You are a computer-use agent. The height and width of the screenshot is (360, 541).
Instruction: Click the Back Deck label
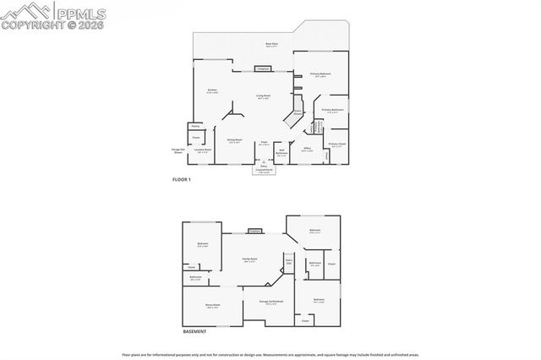pos(272,44)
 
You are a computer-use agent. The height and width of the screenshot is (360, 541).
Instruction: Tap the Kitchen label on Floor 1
pos(213,91)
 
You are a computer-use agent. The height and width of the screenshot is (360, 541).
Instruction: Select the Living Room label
pos(264,96)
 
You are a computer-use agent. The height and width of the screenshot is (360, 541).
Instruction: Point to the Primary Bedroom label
pos(320,75)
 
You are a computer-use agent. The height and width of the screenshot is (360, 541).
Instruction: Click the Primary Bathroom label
pos(332,111)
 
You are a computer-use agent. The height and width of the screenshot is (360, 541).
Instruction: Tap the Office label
pos(308,149)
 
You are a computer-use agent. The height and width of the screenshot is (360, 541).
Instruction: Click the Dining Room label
pos(234,141)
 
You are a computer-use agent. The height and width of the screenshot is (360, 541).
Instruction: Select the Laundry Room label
pos(203,151)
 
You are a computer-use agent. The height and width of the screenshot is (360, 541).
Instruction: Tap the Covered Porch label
pos(263,171)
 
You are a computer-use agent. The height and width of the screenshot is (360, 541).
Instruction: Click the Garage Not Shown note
pos(177,153)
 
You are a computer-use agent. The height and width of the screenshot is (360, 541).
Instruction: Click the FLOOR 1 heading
pos(183,180)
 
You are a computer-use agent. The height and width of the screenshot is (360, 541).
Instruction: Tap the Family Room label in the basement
pos(249,259)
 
